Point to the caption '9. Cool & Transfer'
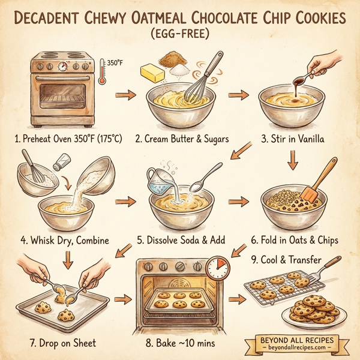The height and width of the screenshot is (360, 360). [x=287, y=259]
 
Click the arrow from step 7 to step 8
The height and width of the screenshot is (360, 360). [x=122, y=299]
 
